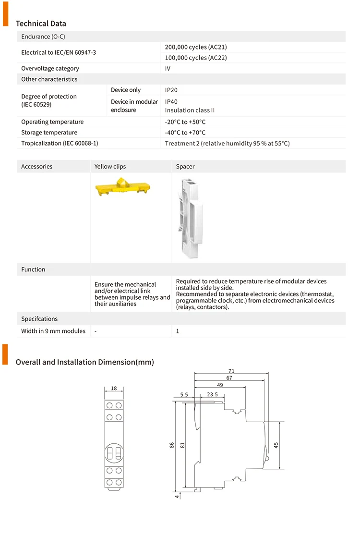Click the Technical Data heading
click(x=41, y=24)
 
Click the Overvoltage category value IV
click(x=168, y=68)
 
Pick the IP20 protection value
click(x=171, y=90)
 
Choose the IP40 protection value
click(x=171, y=101)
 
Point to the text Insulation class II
click(x=190, y=110)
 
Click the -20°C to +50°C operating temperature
click(x=185, y=122)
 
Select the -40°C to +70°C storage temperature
click(x=185, y=133)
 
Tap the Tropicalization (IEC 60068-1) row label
click(x=60, y=143)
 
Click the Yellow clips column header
click(x=110, y=167)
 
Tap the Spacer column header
click(x=185, y=167)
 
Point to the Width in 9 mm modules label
click(x=53, y=331)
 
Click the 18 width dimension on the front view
click(x=114, y=389)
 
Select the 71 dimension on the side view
click(x=231, y=371)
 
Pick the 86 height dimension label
click(x=171, y=445)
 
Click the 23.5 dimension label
click(x=212, y=394)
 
